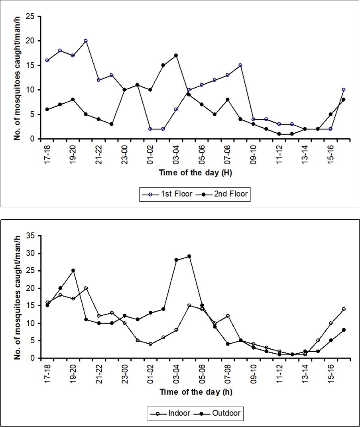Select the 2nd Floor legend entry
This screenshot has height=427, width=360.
[x=224, y=195]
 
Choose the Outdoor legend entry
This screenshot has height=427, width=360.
[x=216, y=413]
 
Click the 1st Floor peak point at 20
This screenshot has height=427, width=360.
[x=86, y=41]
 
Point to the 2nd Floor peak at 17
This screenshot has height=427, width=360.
[x=176, y=55]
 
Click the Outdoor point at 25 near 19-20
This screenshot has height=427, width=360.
[x=73, y=270]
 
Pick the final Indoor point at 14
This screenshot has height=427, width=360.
[x=343, y=309]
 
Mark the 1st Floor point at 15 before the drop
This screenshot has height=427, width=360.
[x=240, y=65]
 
